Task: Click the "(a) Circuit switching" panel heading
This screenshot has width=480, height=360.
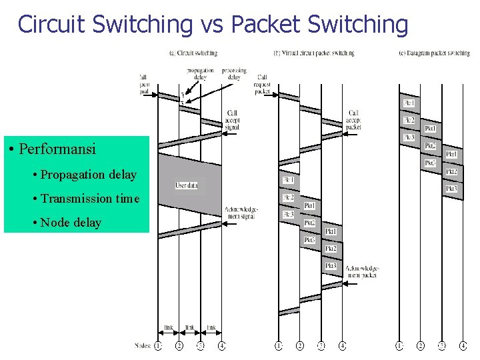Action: coord(193,53)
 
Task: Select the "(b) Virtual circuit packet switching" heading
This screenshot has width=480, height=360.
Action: coord(314,53)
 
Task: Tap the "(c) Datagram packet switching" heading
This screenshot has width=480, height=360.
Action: coord(434,53)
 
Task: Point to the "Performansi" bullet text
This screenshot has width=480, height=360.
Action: coord(57,149)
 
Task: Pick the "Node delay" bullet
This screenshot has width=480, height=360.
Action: coord(71,223)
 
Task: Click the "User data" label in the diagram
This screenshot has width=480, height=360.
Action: coord(187,185)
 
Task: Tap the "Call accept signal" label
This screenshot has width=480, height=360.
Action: coord(233,119)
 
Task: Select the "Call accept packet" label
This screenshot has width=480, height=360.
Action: coord(353,119)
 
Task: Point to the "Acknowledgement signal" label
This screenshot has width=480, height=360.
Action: coord(241,212)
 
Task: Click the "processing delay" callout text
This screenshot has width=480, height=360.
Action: coord(234,73)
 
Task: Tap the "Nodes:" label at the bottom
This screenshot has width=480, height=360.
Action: coord(143,345)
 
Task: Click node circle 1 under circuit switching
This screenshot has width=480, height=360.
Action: coord(158,345)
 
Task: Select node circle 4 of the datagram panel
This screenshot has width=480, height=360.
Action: coord(463,345)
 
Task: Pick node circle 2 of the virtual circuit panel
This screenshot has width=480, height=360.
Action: coord(300,345)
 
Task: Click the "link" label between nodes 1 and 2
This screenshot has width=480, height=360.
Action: coord(169,327)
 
